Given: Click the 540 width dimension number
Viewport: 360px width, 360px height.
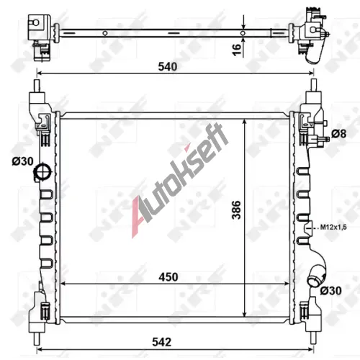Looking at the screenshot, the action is pos(168,66).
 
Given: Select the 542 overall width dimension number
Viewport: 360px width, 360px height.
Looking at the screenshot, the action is pos(161,342).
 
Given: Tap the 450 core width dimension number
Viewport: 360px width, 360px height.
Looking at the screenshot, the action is pos(168,277).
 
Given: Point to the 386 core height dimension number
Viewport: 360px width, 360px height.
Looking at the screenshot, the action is pos(236,210).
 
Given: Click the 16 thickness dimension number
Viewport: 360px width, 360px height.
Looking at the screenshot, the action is pos(237,50).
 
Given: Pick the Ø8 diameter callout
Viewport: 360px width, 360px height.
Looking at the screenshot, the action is pos(338,134).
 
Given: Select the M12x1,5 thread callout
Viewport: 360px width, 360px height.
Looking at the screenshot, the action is pos(333,227).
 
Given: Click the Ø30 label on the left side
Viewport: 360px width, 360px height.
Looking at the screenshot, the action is pos(22,161).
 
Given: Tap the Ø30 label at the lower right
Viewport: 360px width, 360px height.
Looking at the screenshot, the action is pos(330,291).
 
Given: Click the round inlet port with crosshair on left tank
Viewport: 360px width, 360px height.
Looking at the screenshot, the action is pos(43,171).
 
